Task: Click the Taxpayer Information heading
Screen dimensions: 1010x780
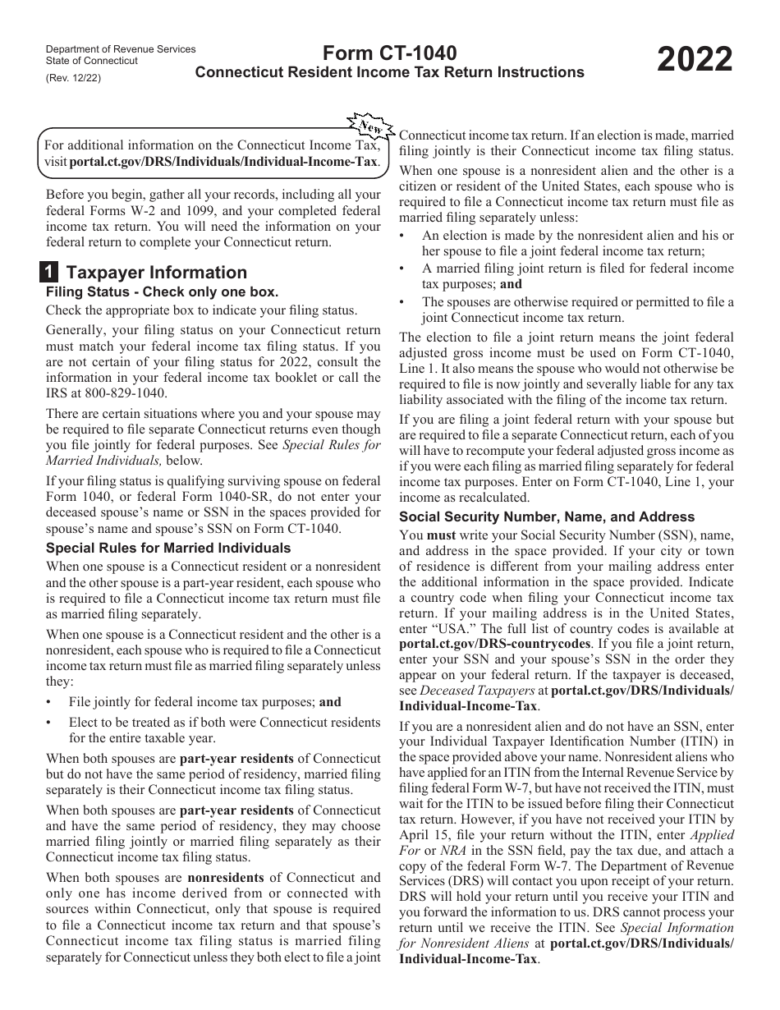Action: point(156,273)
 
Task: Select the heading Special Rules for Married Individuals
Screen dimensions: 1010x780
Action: point(168,548)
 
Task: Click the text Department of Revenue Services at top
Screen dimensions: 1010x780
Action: point(121,49)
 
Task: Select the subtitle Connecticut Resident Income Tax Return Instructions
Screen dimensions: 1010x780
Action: point(389,72)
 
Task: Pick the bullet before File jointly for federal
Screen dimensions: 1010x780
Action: point(50,703)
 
